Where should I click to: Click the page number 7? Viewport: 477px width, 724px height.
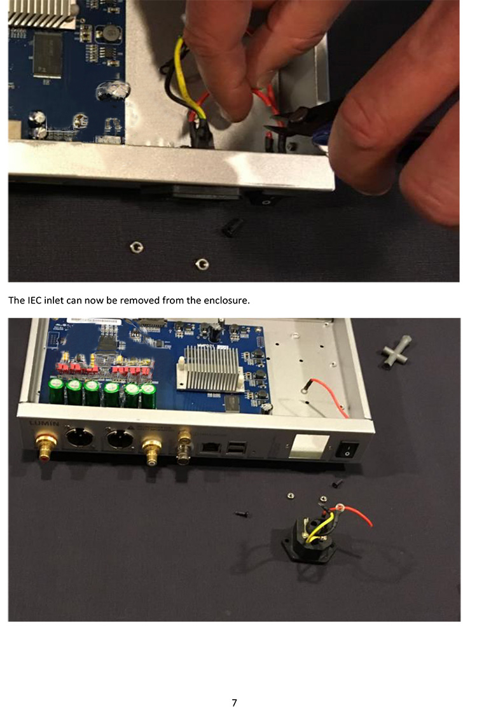(x=234, y=703)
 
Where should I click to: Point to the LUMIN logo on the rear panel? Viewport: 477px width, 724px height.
(x=45, y=424)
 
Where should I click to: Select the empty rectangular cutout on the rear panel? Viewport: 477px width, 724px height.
(x=309, y=447)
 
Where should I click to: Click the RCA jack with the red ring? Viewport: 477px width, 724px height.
(x=46, y=445)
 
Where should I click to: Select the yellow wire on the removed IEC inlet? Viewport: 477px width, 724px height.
(x=319, y=526)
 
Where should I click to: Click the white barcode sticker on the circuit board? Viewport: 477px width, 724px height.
(x=95, y=321)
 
